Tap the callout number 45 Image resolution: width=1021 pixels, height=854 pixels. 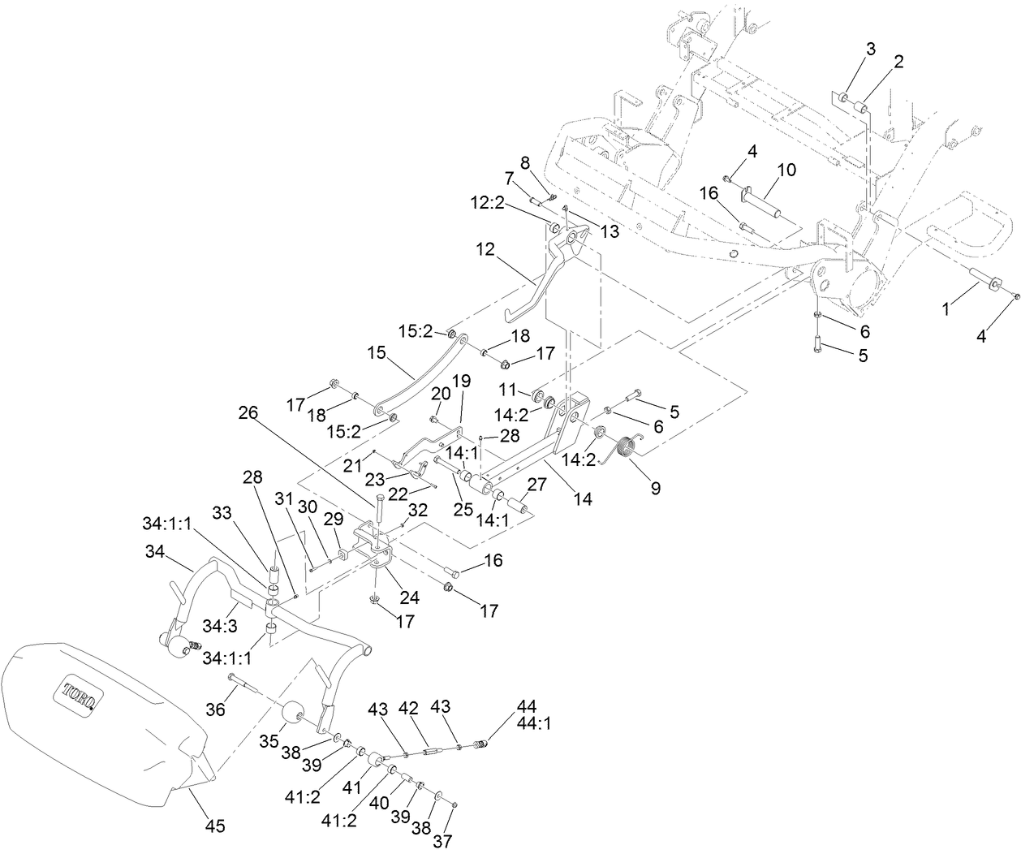[215, 826]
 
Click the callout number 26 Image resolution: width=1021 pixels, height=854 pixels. [248, 412]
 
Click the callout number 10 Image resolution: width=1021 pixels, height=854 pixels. [786, 170]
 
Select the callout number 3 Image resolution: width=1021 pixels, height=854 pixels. [870, 49]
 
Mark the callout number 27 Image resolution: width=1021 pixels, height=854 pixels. [537, 485]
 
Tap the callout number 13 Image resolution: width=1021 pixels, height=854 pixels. [609, 231]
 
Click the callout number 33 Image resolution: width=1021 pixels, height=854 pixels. [222, 512]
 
